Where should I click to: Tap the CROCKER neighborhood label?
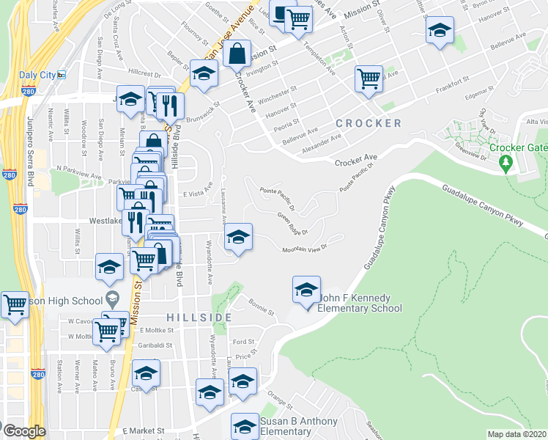(369, 123)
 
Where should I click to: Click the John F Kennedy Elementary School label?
(360, 304)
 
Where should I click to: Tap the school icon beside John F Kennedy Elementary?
(306, 290)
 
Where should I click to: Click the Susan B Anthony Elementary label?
(298, 426)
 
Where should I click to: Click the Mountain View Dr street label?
(304, 249)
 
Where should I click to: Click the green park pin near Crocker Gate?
(505, 164)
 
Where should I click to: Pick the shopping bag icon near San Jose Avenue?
(237, 54)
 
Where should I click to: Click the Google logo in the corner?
(23, 431)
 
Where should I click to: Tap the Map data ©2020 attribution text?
(516, 434)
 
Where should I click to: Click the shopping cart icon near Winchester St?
(369, 79)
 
